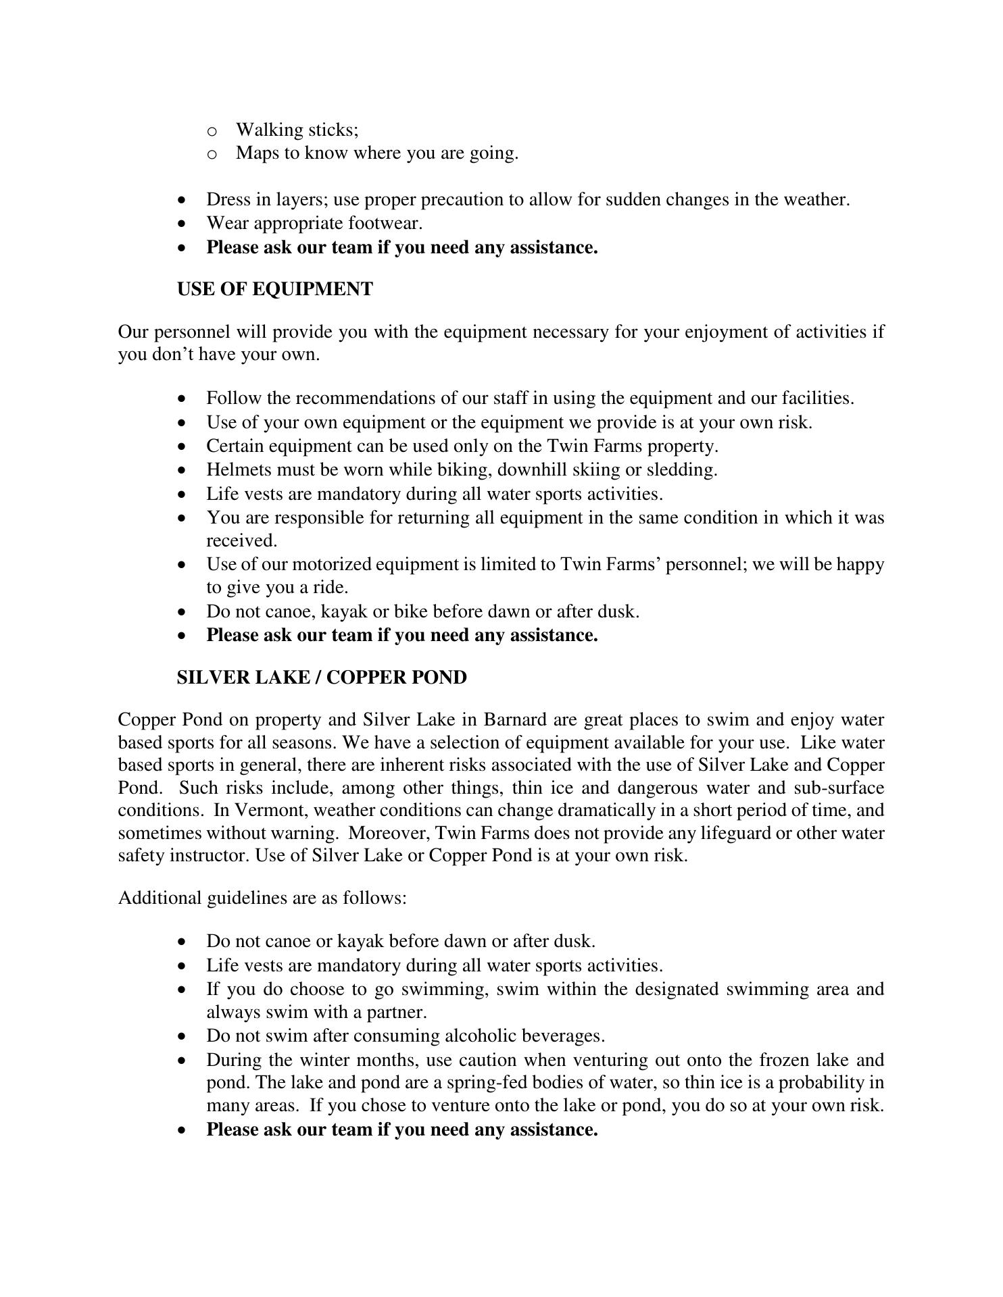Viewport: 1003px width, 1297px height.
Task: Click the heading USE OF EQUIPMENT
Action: pos(274,289)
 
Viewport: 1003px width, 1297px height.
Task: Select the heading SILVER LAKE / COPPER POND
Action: pos(321,678)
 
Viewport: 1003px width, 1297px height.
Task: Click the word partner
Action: pos(395,1012)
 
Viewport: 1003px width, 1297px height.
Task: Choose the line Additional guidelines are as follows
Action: pos(262,898)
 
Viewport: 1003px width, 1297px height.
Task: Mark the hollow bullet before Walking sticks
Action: pos(212,130)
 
